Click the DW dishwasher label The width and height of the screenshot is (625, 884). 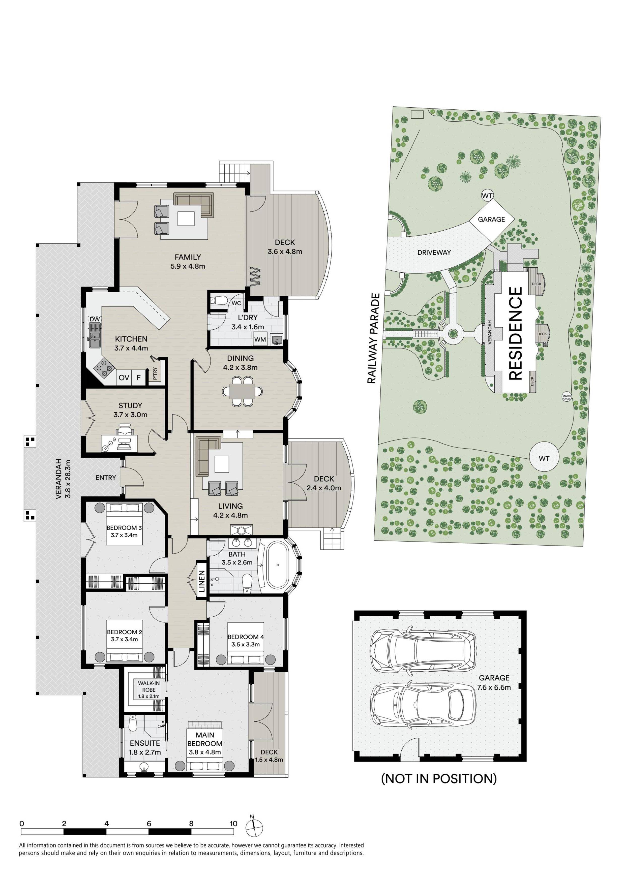coord(95,319)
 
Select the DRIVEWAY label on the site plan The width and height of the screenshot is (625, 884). coord(434,252)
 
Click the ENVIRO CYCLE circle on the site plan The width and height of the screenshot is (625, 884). coord(567,397)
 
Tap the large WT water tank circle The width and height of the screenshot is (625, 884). coord(544,458)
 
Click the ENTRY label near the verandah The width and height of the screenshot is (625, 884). coord(106,478)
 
